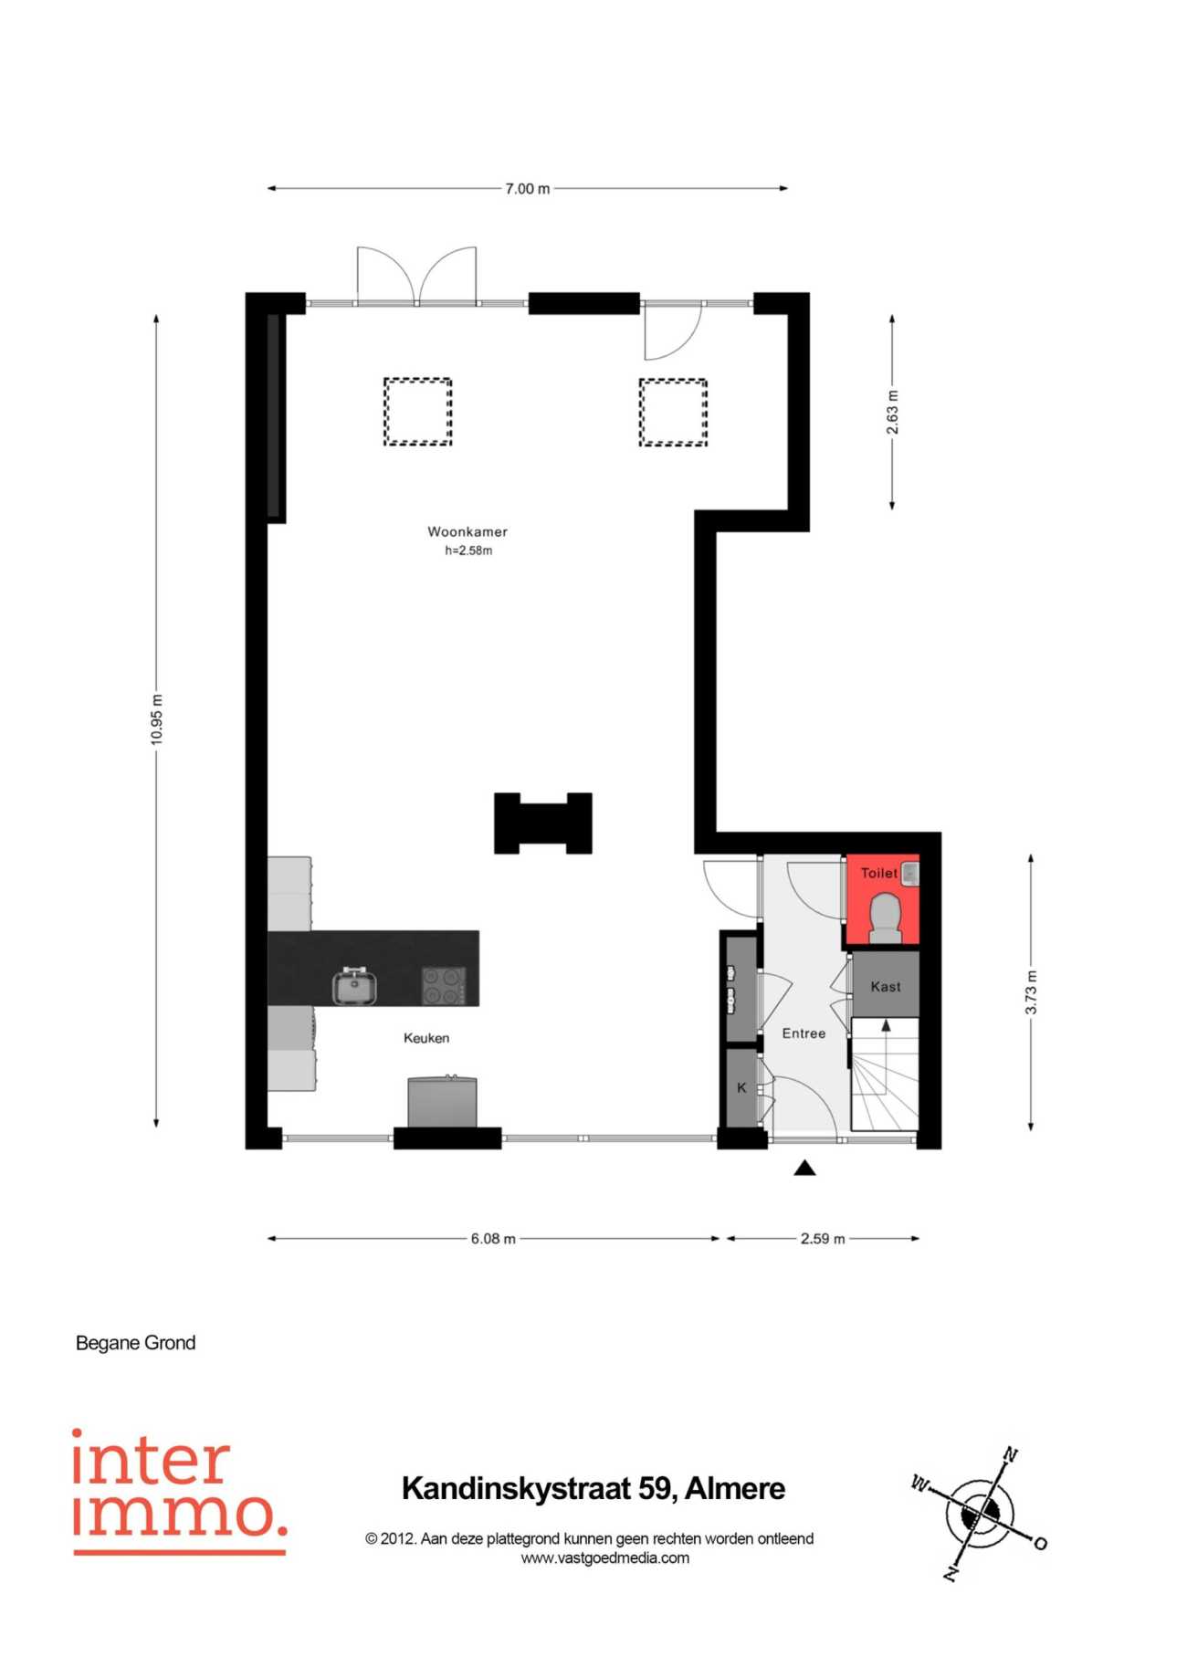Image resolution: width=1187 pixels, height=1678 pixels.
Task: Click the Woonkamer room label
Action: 467,531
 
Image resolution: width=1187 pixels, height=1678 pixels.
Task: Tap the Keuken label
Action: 426,1038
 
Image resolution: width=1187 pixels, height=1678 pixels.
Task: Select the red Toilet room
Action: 882,900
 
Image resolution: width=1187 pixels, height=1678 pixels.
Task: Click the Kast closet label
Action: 886,987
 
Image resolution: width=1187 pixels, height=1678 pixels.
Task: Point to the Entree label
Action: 804,1033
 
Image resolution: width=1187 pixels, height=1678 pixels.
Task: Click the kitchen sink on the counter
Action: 355,986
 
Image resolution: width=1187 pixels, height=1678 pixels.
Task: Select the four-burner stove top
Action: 444,986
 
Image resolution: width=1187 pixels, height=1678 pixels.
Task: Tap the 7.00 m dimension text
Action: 528,189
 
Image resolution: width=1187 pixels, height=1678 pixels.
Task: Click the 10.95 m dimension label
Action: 157,719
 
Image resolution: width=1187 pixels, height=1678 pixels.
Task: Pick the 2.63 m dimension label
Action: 893,413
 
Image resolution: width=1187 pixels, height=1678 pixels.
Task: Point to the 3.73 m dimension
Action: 1031,992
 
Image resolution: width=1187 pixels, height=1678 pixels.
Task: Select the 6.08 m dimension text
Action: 493,1239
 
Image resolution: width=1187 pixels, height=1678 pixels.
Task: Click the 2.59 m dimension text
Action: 823,1239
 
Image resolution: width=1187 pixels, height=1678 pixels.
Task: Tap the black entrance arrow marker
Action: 804,1168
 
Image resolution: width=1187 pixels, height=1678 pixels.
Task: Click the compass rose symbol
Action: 979,1516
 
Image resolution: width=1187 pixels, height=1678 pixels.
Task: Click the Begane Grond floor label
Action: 136,1343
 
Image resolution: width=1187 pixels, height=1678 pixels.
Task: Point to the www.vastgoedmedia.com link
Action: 605,1558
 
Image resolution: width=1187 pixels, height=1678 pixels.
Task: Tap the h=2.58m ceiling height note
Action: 468,551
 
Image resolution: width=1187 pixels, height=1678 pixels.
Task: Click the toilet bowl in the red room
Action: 886,918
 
